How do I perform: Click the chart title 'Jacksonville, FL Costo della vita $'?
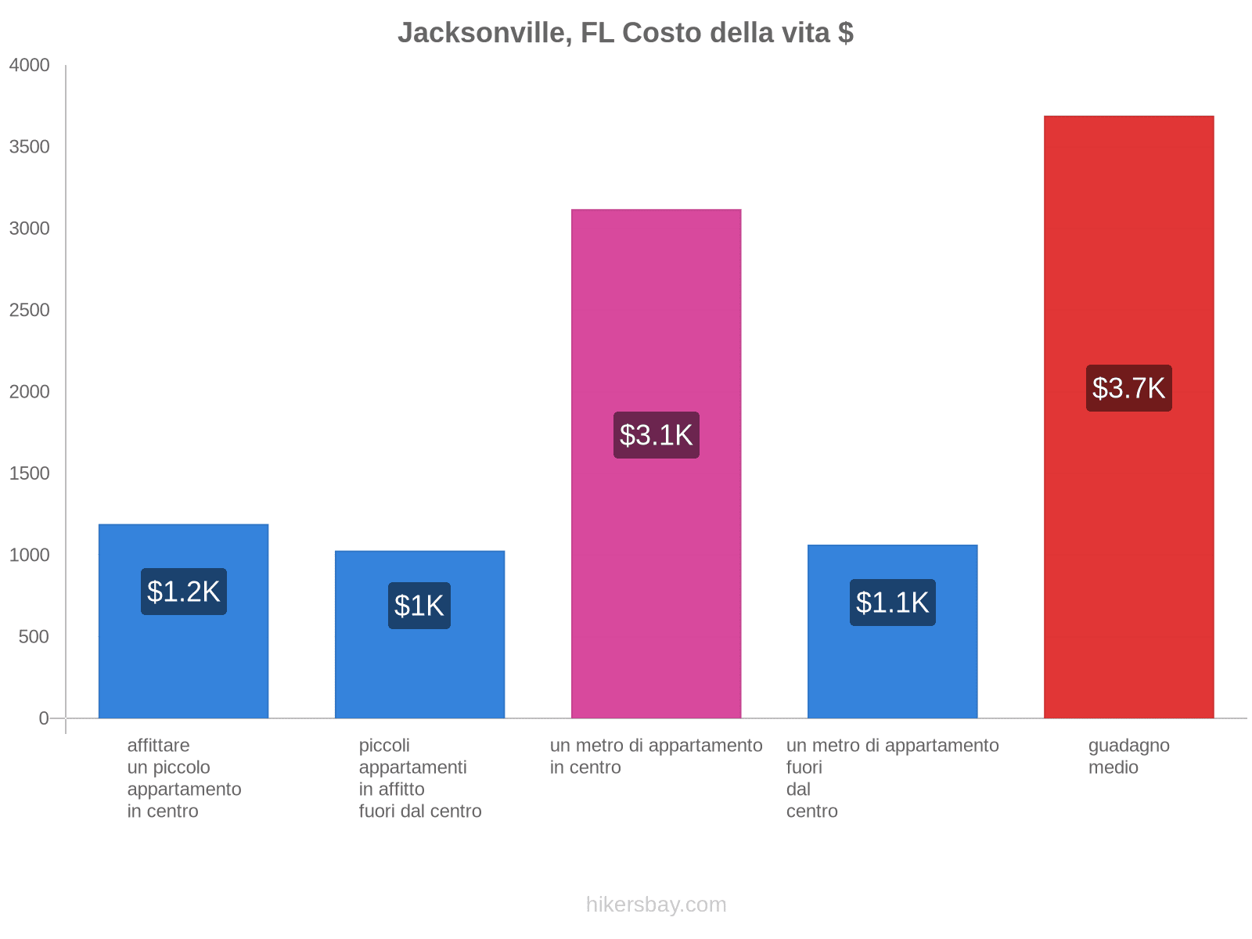tap(625, 33)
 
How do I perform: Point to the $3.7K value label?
tap(1128, 388)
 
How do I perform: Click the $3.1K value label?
tap(656, 435)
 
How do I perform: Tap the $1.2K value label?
tap(183, 592)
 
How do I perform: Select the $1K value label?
tap(419, 606)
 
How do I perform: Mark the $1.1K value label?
tap(892, 603)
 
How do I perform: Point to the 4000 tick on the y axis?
tap(29, 66)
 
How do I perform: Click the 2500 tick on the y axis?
tap(29, 311)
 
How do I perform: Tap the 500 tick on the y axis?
tap(34, 637)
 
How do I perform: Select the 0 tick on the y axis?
tap(44, 718)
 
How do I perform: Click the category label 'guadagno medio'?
tap(1128, 757)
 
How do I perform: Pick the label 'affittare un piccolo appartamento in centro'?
tap(184, 779)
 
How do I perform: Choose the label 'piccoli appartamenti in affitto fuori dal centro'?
tap(420, 779)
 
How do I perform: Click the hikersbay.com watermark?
tap(656, 905)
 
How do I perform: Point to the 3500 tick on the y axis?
tap(29, 147)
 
